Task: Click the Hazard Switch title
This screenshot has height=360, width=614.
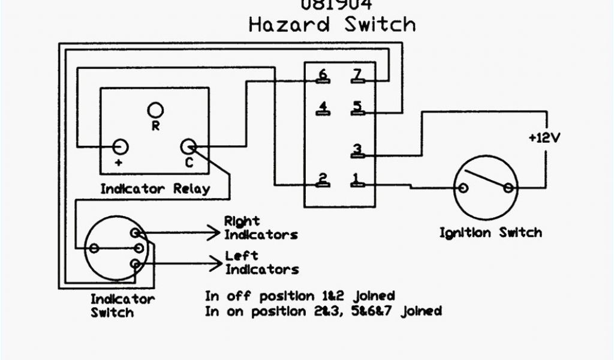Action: [332, 25]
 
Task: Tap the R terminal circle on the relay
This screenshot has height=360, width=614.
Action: [156, 110]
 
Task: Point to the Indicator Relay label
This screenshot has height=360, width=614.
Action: [155, 189]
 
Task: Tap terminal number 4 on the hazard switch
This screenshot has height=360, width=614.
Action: [323, 109]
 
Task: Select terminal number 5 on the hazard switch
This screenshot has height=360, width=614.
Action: [357, 108]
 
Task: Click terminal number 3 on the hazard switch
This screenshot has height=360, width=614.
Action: [357, 150]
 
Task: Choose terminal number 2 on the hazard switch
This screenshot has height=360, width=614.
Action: [323, 179]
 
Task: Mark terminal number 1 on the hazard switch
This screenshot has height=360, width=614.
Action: [357, 179]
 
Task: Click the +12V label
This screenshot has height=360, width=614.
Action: [544, 137]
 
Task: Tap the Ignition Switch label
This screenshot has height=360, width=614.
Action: [490, 233]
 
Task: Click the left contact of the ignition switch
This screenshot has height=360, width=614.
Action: [463, 188]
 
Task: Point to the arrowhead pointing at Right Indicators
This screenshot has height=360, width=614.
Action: [216, 231]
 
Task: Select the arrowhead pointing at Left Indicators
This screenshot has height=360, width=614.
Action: [216, 260]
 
